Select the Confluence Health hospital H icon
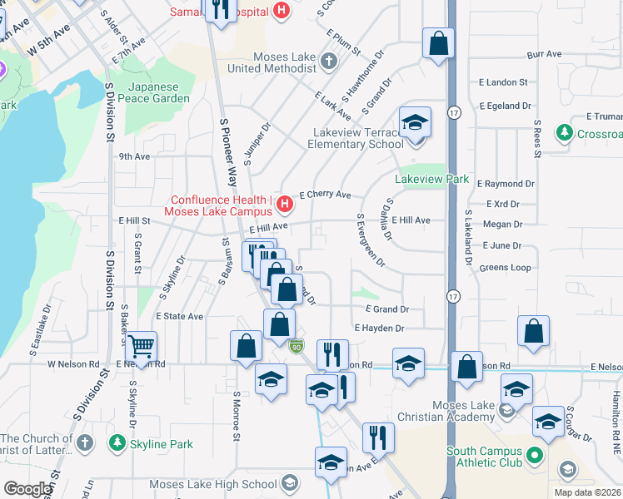click(x=285, y=203)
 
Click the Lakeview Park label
click(x=431, y=180)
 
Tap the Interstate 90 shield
click(x=296, y=345)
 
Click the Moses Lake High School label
click(x=213, y=484)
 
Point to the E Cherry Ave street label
click(x=325, y=194)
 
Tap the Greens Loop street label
click(x=505, y=267)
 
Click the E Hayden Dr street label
click(x=379, y=329)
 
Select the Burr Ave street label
click(x=545, y=54)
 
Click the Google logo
click(x=27, y=489)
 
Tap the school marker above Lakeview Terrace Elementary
click(x=415, y=123)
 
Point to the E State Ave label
click(x=179, y=317)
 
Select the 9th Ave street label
click(x=134, y=156)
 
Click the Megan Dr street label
click(x=502, y=224)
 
